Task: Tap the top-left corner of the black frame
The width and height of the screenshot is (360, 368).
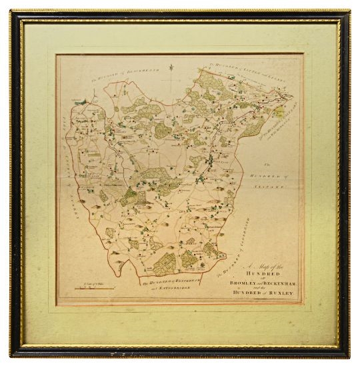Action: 11,11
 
